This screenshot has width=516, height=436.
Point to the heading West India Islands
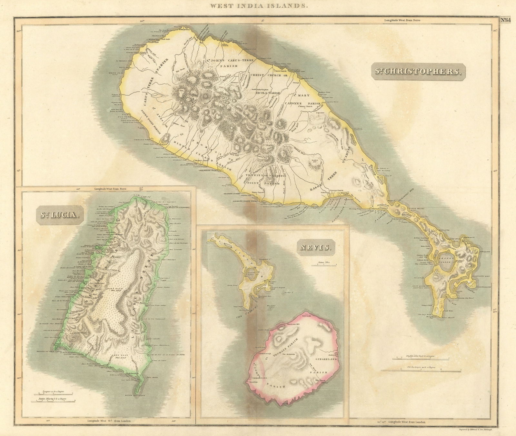pos(258,5)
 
